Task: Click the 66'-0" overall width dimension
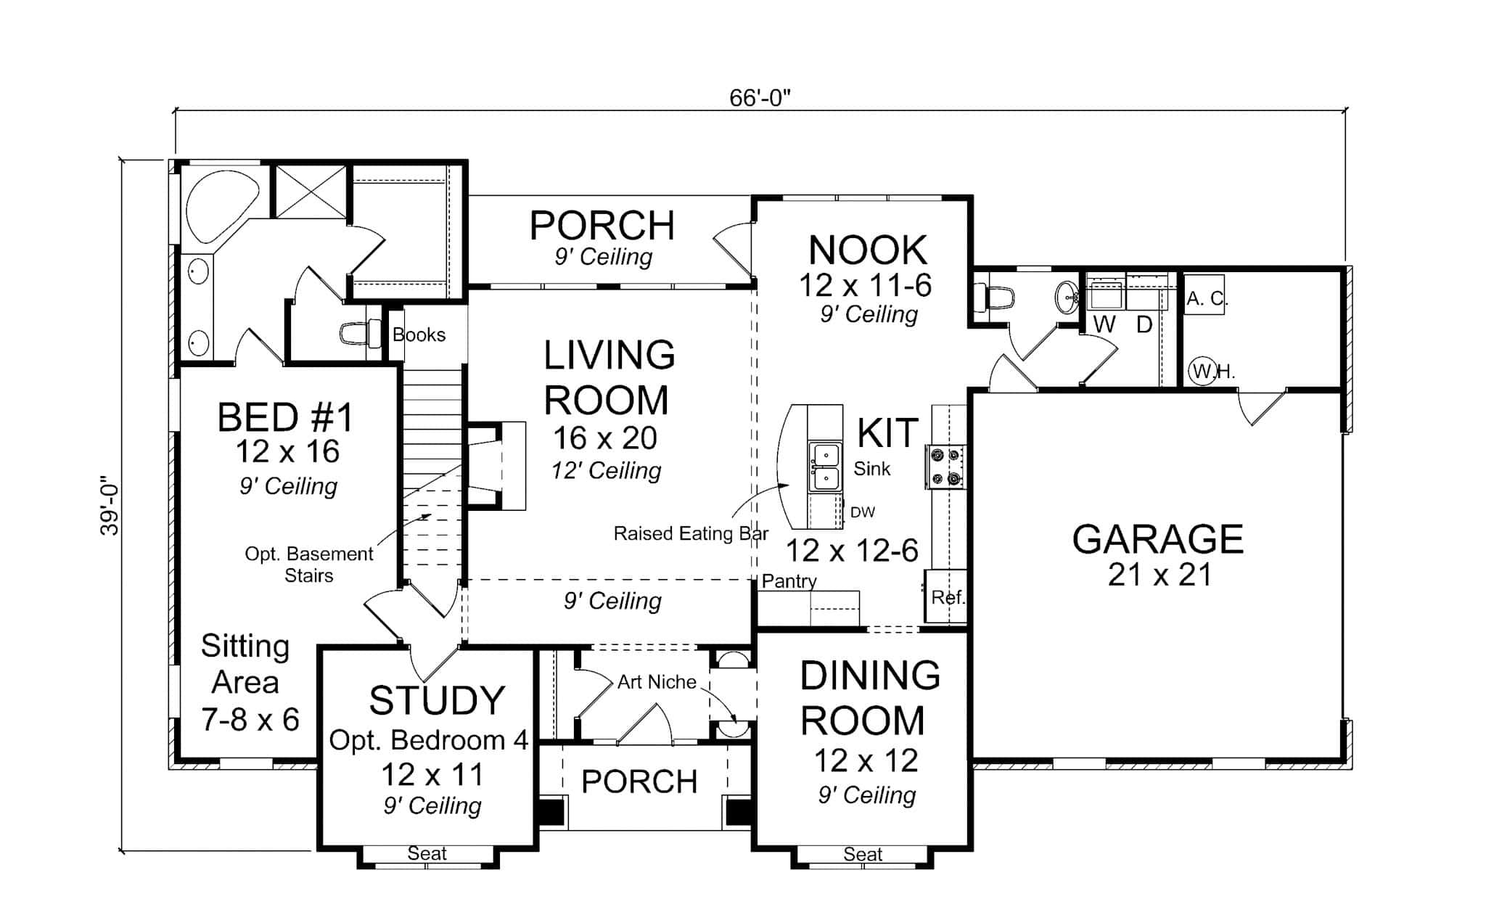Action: [x=759, y=98]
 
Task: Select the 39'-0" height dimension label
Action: [x=110, y=506]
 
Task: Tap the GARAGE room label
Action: [x=1157, y=539]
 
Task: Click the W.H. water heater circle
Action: [x=1203, y=372]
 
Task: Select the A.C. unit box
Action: [x=1205, y=298]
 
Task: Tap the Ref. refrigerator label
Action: [x=947, y=597]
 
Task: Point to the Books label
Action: [x=419, y=335]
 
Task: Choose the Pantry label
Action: [x=789, y=581]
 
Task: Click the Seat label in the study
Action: [x=427, y=853]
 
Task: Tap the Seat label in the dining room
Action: [x=862, y=854]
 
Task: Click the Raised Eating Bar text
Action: [x=691, y=534]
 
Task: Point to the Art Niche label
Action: [x=657, y=682]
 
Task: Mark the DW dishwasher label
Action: [x=862, y=512]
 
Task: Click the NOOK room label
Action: [x=867, y=250]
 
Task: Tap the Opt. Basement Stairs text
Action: [x=309, y=565]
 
